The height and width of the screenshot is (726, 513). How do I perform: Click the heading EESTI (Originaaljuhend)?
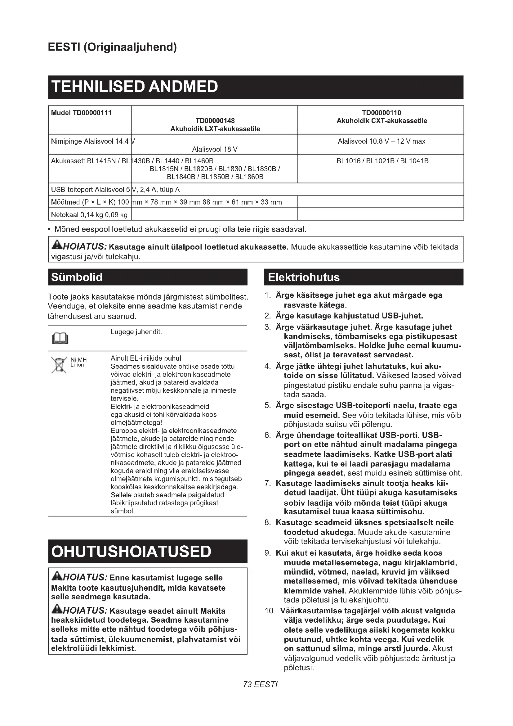112,47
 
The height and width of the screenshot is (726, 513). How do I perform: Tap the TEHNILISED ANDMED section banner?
135,87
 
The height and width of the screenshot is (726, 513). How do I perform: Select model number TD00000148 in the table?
215,120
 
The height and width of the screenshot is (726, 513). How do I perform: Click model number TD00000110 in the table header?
381,113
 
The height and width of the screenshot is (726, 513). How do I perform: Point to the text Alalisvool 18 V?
215,149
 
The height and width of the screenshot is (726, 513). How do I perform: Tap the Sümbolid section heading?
77,277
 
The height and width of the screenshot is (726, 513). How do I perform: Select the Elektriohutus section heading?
304,277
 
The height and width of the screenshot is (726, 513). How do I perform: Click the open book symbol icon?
60,338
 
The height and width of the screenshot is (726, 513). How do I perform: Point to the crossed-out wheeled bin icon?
59,365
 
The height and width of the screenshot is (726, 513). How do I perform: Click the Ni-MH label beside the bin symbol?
78,360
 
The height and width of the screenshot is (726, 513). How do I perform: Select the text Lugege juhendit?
136,332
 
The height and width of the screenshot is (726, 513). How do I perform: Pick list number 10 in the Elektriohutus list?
270,611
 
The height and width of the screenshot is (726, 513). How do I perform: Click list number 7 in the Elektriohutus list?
268,483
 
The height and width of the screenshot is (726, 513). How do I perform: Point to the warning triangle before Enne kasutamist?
57,577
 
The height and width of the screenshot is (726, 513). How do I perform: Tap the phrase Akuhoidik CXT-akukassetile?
381,121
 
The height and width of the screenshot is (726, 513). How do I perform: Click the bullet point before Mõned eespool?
50,230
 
